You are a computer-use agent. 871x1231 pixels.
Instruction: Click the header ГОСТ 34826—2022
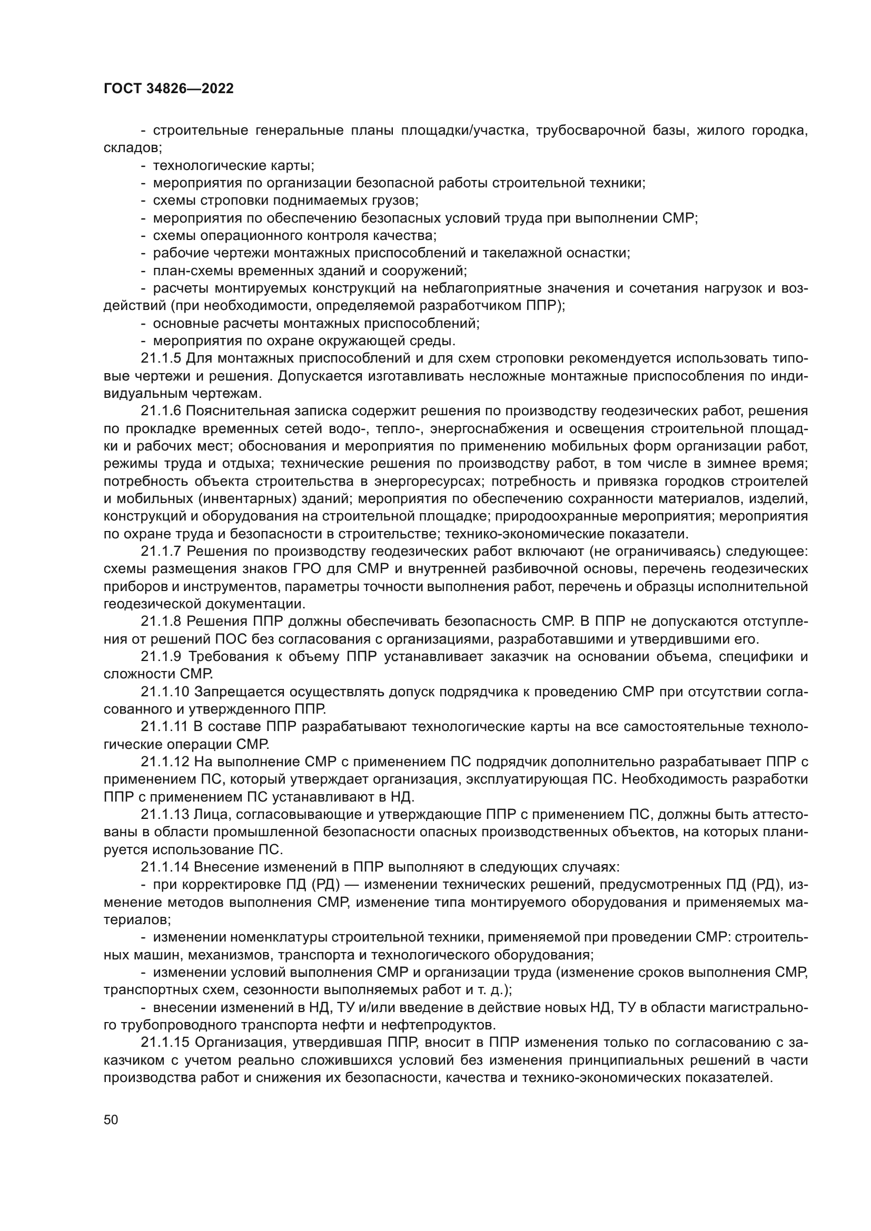pos(169,89)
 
